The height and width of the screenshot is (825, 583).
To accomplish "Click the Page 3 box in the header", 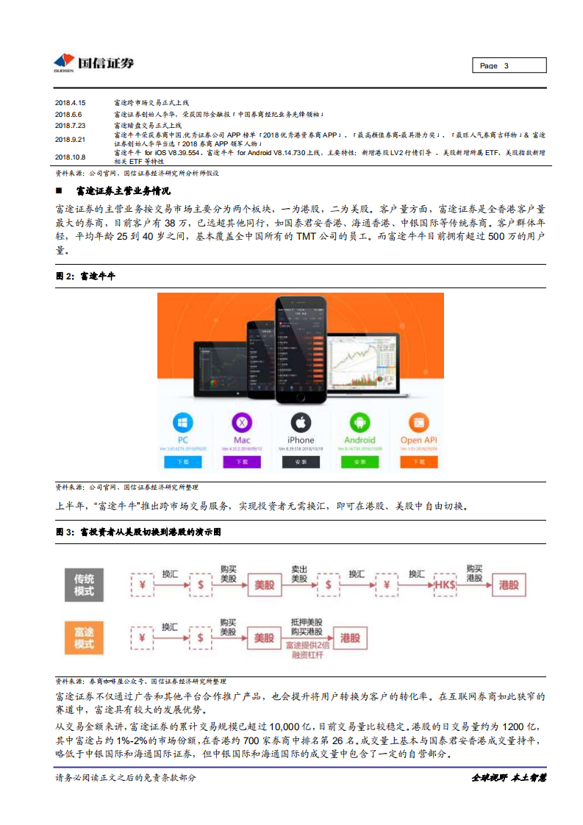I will click(509, 65).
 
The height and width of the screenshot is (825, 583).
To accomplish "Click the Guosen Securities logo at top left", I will click(93, 63).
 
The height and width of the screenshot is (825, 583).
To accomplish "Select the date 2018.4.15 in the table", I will click(71, 103).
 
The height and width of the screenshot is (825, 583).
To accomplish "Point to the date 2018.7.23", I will click(71, 126).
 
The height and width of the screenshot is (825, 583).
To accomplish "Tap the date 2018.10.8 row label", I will click(71, 157).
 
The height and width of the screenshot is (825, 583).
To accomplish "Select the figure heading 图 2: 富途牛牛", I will click(86, 276).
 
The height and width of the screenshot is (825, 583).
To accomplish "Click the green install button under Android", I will click(360, 462).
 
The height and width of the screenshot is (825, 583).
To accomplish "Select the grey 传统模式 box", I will click(84, 584).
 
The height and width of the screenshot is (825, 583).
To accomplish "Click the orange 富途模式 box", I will click(84, 637).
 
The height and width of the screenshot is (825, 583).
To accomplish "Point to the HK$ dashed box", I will click(446, 585).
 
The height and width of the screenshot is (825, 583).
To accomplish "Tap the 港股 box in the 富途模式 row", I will click(350, 638).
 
